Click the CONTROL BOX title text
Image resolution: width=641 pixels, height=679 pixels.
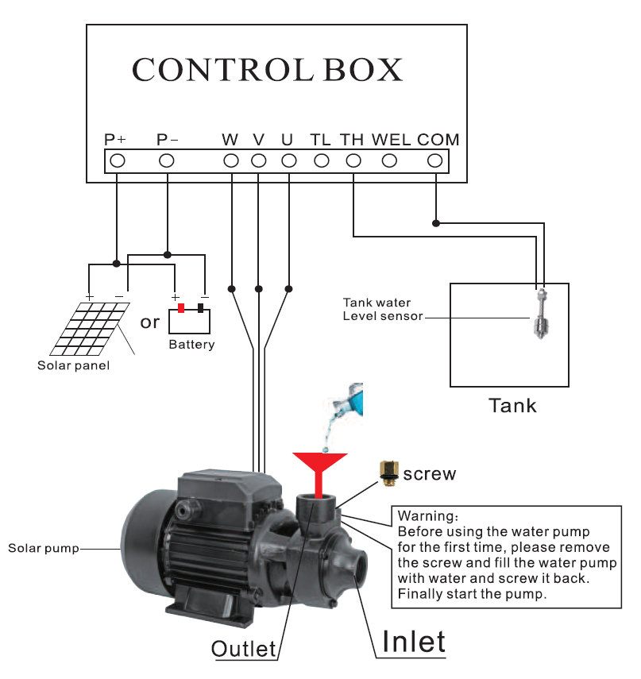pos(267,70)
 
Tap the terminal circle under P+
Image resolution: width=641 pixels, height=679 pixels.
pos(117,160)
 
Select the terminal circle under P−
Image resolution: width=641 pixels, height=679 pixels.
pos(167,160)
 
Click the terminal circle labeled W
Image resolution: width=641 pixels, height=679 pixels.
pos(231,160)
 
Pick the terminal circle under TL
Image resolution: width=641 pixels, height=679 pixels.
pos(321,160)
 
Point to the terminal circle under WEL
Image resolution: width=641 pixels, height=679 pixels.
pos(389,160)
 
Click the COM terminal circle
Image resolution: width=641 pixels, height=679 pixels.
pos(434,160)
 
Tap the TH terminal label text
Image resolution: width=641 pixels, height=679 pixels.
pos(352,140)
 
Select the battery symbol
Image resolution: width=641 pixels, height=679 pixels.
pos(190,319)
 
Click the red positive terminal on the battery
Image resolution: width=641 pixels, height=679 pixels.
pos(181,308)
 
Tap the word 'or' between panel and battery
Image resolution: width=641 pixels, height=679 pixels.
pos(149,322)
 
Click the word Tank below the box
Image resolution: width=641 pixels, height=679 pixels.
pos(512,406)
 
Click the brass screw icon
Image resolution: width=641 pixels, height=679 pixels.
pos(387,473)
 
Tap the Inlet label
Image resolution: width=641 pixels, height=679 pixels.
pos(413,641)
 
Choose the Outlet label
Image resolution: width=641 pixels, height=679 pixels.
pos(243,648)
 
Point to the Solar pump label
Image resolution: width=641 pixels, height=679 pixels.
pos(43,549)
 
